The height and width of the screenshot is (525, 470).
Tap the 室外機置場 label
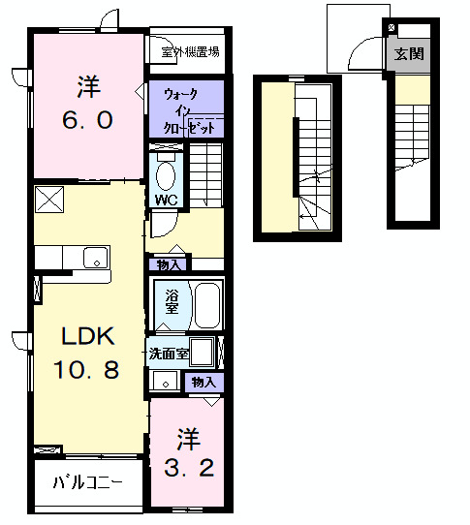[189, 51]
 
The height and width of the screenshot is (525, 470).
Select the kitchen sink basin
[95, 257]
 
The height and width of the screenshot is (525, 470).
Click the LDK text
[88, 337]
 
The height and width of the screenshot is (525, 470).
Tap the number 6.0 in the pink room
[88, 119]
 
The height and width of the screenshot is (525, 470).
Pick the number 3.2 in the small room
[188, 470]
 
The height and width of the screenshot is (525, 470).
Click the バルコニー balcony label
[87, 481]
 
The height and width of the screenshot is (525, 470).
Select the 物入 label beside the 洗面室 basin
[204, 383]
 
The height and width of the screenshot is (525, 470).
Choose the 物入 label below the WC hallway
[169, 262]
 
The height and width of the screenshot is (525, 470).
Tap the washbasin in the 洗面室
[164, 383]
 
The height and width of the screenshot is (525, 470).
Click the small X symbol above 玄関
[392, 26]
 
